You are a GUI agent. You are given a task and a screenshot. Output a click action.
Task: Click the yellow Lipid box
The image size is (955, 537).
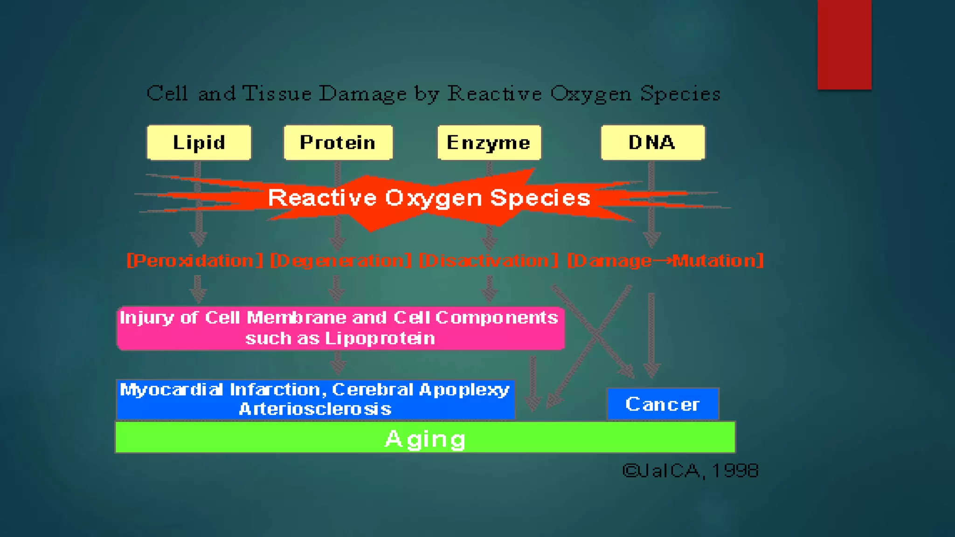click(199, 143)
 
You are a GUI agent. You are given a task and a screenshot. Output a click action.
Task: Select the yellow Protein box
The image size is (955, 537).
click(338, 143)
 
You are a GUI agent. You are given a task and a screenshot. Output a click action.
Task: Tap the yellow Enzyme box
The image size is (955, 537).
click(489, 143)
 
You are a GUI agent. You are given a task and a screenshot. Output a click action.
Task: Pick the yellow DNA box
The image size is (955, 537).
click(652, 143)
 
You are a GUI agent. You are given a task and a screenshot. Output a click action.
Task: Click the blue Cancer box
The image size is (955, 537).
click(663, 404)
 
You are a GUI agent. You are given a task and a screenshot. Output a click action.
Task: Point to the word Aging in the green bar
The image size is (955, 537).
click(425, 439)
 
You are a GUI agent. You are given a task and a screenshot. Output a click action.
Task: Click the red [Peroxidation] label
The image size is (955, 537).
click(195, 261)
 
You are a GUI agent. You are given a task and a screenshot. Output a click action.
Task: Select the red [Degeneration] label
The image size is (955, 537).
click(341, 261)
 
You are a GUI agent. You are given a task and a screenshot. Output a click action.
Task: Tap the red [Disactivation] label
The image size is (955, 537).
click(488, 261)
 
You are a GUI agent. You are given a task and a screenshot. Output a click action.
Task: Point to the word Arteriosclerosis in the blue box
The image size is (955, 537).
click(315, 409)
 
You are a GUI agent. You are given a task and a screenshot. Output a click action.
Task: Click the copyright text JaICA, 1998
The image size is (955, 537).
click(691, 471)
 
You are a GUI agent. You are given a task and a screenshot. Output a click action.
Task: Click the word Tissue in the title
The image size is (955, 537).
click(277, 94)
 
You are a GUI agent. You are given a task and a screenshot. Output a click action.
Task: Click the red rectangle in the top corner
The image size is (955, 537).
click(844, 44)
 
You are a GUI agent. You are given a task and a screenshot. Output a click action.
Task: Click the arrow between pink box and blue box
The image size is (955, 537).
click(338, 363)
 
